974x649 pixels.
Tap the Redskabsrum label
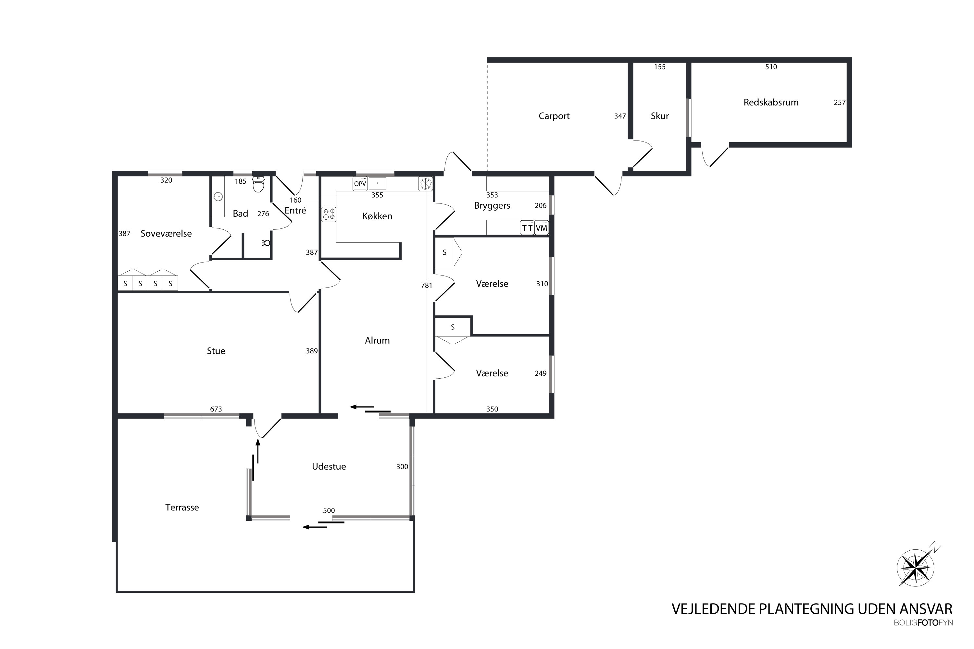[771, 102]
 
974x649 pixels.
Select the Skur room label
[660, 116]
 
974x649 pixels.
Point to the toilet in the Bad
[258, 184]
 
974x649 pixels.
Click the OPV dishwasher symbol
[360, 184]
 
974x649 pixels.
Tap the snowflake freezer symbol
[425, 184]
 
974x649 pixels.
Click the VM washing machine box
[541, 228]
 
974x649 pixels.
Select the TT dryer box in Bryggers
[527, 228]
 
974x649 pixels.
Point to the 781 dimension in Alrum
[427, 285]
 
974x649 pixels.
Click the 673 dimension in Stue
[216, 409]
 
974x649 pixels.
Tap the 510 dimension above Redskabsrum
[771, 67]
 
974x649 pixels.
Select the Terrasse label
[182, 508]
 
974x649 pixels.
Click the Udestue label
[329, 467]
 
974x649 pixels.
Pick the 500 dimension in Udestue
[329, 510]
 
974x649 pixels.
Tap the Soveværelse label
[166, 233]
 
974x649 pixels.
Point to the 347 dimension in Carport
[620, 116]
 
